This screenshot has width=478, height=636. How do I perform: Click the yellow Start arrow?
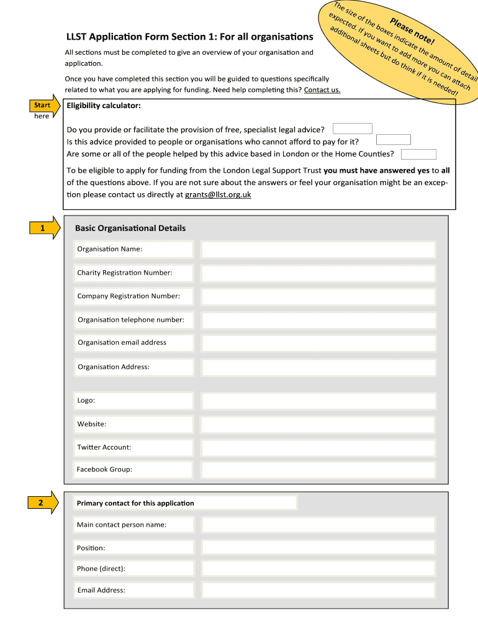click(x=44, y=105)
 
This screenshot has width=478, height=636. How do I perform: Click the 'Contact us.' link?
click(x=322, y=90)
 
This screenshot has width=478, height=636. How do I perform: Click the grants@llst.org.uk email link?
click(x=218, y=194)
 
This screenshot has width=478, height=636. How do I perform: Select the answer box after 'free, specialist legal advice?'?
click(x=353, y=129)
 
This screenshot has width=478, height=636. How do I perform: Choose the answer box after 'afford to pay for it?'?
click(x=394, y=140)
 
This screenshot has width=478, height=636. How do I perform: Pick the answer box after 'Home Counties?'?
click(x=418, y=154)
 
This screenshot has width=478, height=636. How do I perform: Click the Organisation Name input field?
click(x=318, y=250)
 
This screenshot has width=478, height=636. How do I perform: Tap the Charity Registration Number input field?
click(x=318, y=273)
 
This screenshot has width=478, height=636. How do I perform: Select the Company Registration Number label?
click(x=129, y=296)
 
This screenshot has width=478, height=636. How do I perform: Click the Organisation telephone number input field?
click(x=318, y=320)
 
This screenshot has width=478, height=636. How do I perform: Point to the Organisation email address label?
click(x=122, y=342)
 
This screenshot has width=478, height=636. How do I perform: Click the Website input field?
click(x=318, y=425)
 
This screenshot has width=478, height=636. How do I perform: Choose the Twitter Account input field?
click(x=318, y=448)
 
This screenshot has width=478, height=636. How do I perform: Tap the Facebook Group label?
click(x=104, y=470)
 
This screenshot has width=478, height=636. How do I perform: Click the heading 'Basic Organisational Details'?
click(x=130, y=228)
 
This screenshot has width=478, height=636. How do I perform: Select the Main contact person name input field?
click(x=318, y=525)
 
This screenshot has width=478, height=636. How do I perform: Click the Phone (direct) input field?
click(x=318, y=569)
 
